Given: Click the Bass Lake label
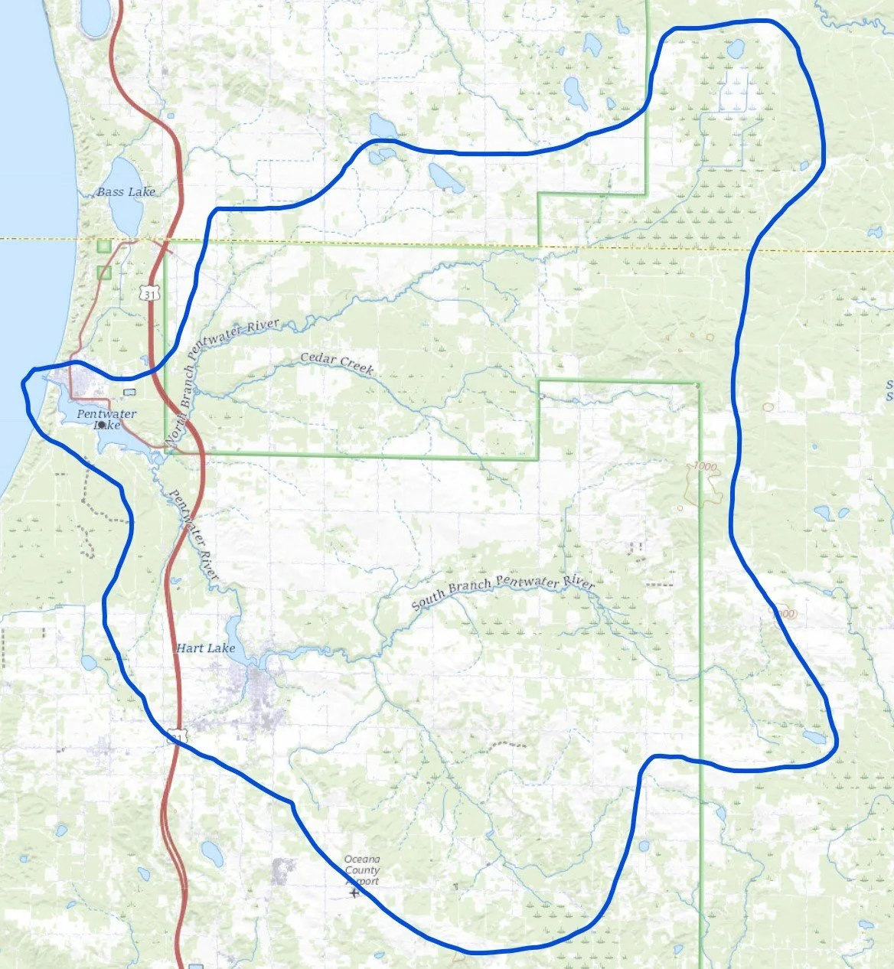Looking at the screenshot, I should pos(126,192).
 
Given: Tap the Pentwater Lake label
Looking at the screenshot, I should pos(106,419).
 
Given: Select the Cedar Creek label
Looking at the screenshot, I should pos(337,363).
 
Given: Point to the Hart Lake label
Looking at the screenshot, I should pos(206,648).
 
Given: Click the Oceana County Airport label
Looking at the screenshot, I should pos(361,870).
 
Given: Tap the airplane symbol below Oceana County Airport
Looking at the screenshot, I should pos(353,892).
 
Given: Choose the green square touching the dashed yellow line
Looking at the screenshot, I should pos(104,246).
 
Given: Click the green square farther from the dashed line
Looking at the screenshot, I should pos(104,272).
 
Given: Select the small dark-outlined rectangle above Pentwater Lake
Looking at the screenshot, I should pos(130,392).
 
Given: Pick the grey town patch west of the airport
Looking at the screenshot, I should pos(284,869).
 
